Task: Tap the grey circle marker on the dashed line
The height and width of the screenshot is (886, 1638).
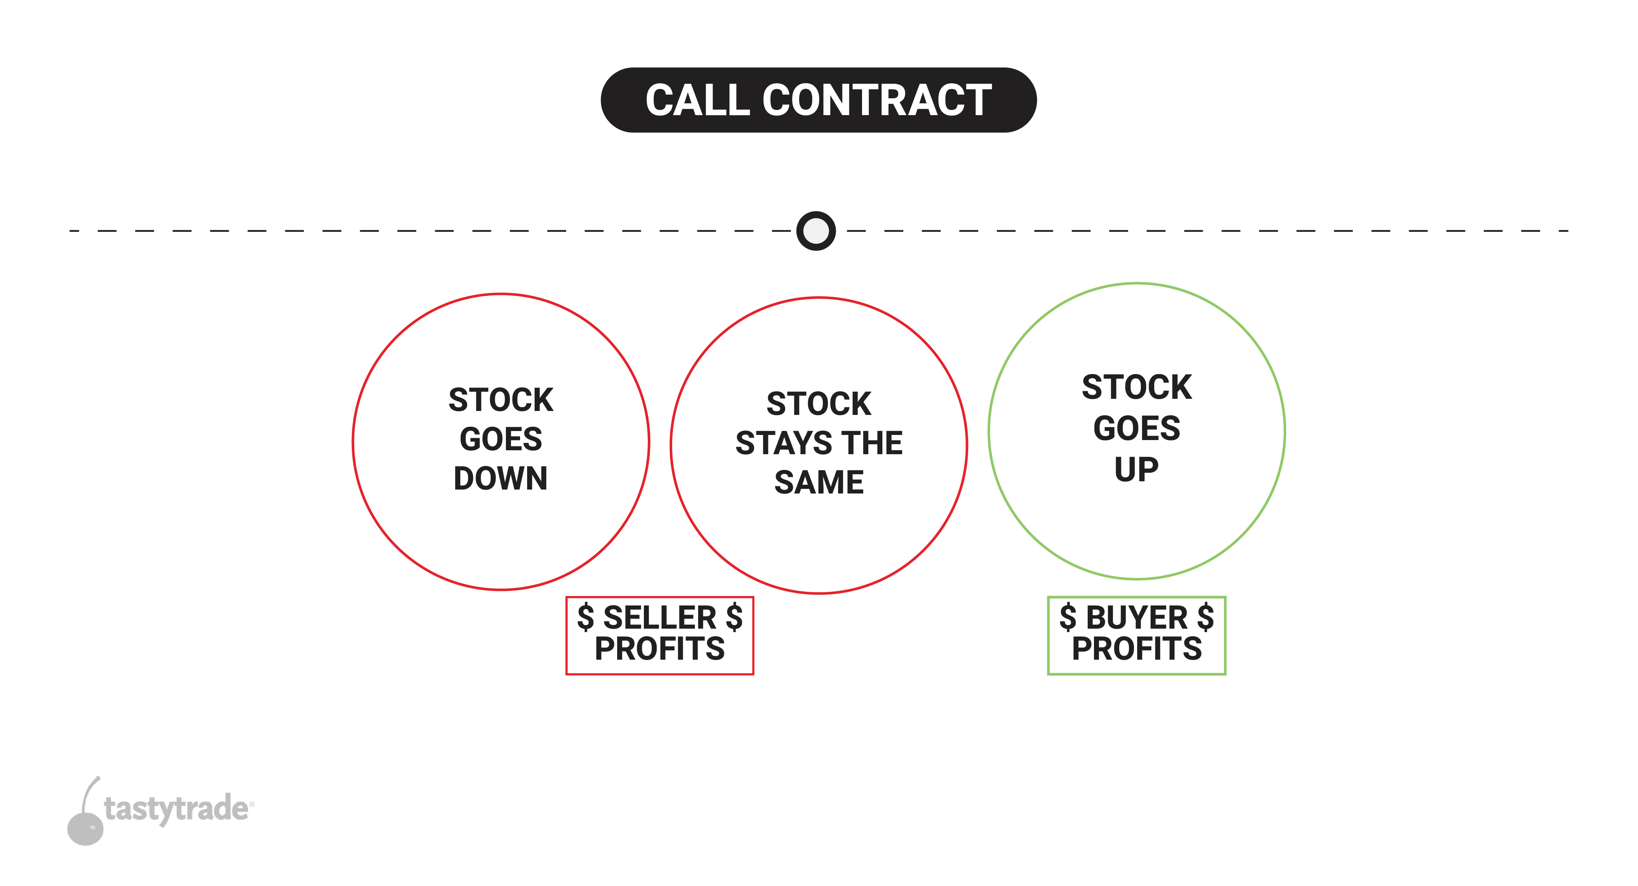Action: (816, 231)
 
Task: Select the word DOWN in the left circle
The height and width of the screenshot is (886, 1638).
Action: (500, 479)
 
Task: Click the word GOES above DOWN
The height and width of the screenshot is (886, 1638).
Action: (500, 439)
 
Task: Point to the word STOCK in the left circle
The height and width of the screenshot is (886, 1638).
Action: (500, 400)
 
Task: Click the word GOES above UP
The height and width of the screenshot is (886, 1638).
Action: (1136, 428)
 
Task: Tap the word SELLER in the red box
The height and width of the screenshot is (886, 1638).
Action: (659, 618)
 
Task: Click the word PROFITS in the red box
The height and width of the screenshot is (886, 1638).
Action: (659, 649)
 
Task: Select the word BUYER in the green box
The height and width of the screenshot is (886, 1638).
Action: (1136, 618)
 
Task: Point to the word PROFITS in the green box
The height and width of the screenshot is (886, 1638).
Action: (1136, 649)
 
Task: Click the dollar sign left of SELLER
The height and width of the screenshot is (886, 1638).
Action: (585, 618)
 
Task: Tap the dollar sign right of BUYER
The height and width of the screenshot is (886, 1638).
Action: (1205, 618)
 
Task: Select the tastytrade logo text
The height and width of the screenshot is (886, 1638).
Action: (177, 809)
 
